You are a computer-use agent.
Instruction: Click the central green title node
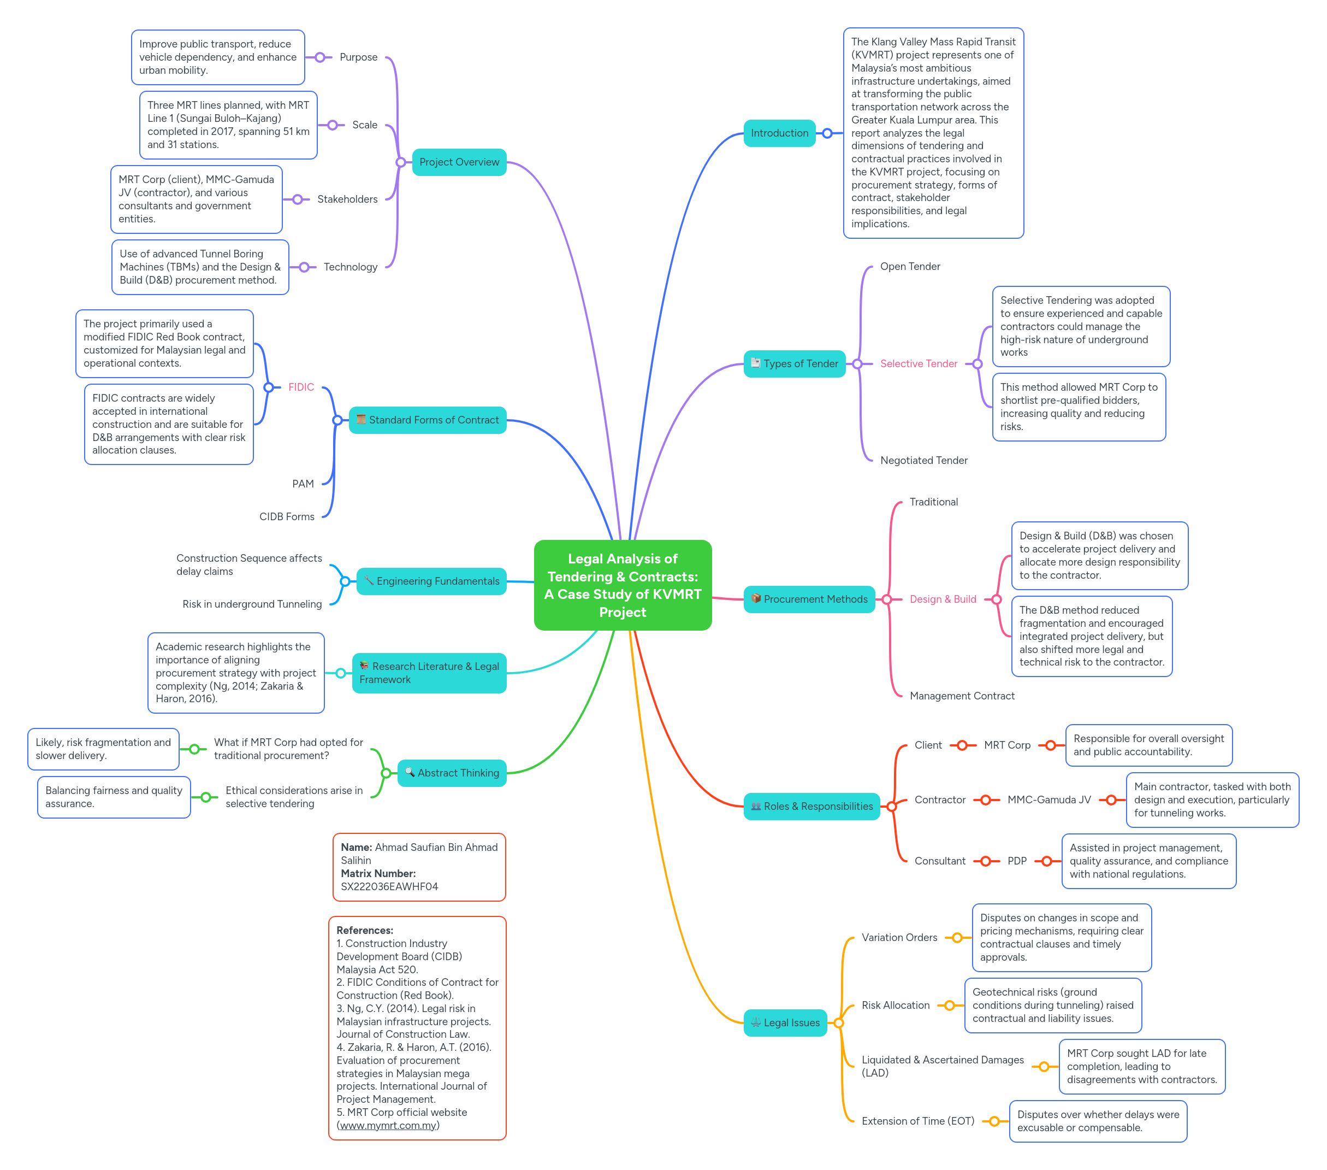[622, 585]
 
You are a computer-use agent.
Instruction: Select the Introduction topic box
[779, 133]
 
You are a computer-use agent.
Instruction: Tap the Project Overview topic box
[459, 162]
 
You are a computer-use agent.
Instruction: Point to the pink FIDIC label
[301, 387]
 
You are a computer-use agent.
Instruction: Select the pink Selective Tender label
[918, 364]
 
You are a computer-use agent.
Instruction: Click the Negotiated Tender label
[923, 461]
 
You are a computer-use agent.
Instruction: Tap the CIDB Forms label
[287, 516]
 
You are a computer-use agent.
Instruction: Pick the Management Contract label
[962, 696]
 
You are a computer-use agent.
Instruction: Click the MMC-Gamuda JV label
[1048, 799]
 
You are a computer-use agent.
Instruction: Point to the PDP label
[1017, 861]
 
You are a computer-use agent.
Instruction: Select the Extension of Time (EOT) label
[917, 1121]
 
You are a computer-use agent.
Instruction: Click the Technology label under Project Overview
[350, 267]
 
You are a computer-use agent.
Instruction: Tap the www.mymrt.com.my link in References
[388, 1125]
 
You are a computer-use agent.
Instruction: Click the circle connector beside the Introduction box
[827, 133]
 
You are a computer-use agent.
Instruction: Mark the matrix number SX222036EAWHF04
[389, 886]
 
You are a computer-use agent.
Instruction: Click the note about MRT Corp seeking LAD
[1141, 1066]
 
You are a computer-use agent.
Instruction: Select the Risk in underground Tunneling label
[252, 604]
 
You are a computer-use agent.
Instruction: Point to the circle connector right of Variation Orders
[957, 937]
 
